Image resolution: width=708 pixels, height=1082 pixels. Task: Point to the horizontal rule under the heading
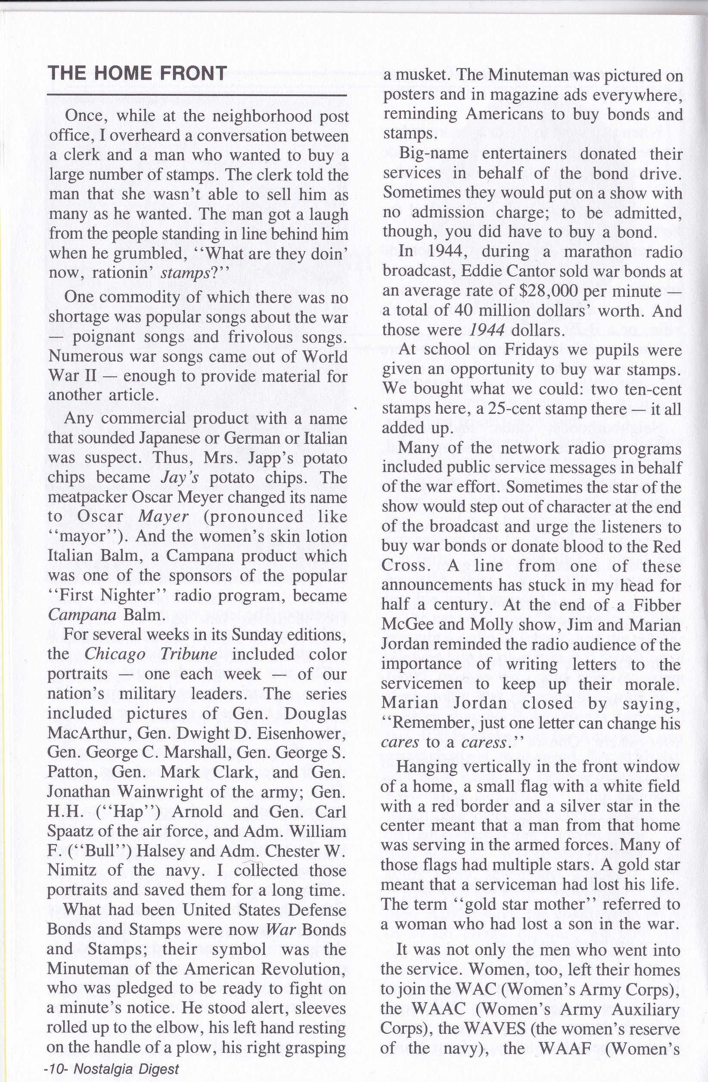(197, 96)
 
